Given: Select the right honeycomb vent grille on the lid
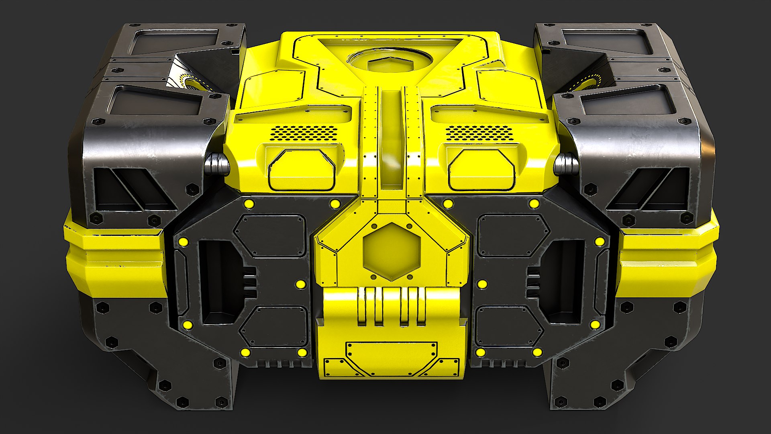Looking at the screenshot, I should pos(479,133).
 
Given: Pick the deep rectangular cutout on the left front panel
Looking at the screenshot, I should pos(219,281).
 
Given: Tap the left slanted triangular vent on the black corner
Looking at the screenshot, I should pos(135,189).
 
